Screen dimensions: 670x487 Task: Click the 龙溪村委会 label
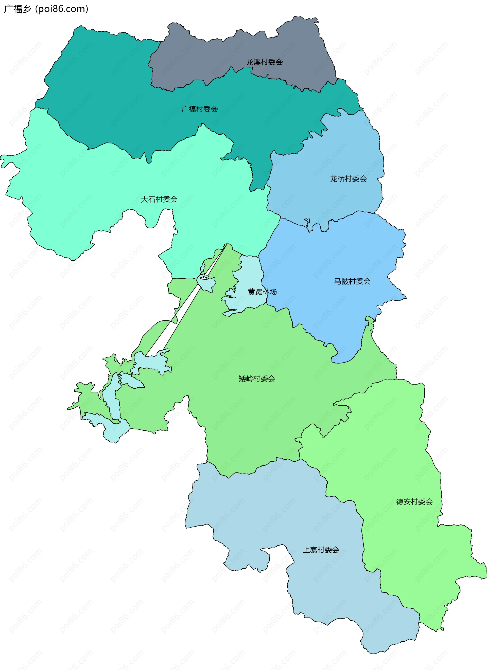coord(265,62)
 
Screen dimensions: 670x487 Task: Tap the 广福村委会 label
coord(200,109)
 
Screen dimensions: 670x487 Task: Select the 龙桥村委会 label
coord(349,179)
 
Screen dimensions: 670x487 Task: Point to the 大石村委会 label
coord(159,200)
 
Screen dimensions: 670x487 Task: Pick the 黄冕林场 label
coord(262,292)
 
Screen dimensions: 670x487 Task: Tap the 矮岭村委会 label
coord(257,379)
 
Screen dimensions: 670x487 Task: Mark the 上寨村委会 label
coord(321,550)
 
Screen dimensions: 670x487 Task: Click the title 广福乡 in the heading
coord(18,9)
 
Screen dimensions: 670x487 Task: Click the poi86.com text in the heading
coord(61,9)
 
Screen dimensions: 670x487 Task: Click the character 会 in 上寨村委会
coord(336,550)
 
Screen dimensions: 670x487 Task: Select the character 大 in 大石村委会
coord(145,200)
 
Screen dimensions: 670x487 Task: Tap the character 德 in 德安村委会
coord(400,502)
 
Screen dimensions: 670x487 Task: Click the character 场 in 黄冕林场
coord(273,292)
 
